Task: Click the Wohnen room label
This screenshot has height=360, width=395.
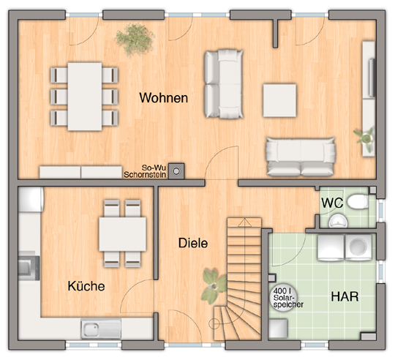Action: pyautogui.click(x=164, y=98)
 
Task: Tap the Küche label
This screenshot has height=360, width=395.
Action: pyautogui.click(x=86, y=286)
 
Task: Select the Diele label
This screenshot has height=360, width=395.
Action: pyautogui.click(x=193, y=243)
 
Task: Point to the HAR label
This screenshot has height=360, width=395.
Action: pyautogui.click(x=345, y=296)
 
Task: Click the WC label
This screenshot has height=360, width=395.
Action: pyautogui.click(x=332, y=203)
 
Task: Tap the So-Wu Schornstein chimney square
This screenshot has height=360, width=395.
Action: pyautogui.click(x=176, y=171)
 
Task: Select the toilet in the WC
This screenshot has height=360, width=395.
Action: pyautogui.click(x=358, y=201)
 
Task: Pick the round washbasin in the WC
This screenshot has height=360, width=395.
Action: pyautogui.click(x=338, y=221)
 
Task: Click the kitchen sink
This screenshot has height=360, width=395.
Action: pyautogui.click(x=101, y=329)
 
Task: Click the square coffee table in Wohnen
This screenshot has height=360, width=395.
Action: pyautogui.click(x=279, y=100)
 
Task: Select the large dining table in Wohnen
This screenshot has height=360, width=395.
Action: pyautogui.click(x=85, y=97)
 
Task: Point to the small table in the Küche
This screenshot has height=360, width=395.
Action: pyautogui.click(x=122, y=234)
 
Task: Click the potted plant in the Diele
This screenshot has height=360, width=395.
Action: pyautogui.click(x=214, y=285)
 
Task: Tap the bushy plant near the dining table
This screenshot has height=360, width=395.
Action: pyautogui.click(x=135, y=39)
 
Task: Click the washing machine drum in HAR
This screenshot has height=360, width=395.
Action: pyautogui.click(x=358, y=246)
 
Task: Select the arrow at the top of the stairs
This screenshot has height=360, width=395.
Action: pyautogui.click(x=244, y=222)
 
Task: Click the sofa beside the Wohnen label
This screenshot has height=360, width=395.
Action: pyautogui.click(x=223, y=84)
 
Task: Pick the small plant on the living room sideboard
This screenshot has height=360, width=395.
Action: pyautogui.click(x=364, y=138)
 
